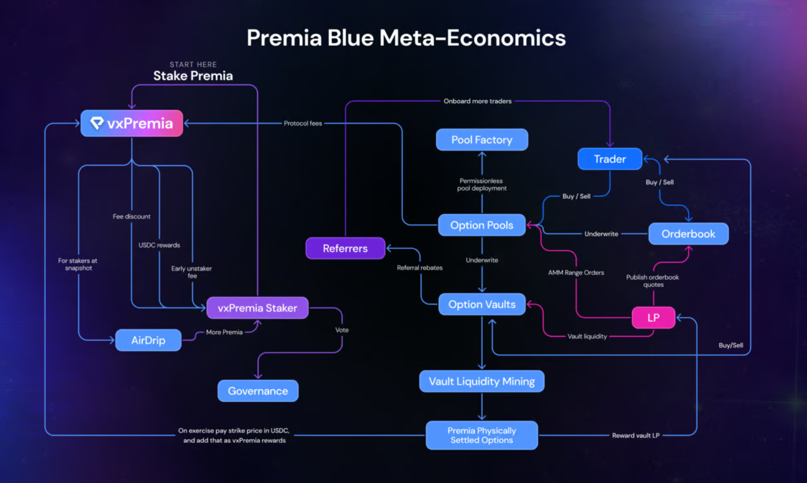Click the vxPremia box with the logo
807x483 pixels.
click(x=132, y=124)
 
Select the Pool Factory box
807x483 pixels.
click(x=482, y=140)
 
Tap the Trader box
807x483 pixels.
click(x=610, y=159)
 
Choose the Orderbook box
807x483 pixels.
click(x=688, y=234)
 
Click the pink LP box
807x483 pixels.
click(x=653, y=318)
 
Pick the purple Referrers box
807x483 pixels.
click(x=345, y=248)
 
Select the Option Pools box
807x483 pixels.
click(x=482, y=225)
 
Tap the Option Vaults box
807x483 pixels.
click(x=482, y=305)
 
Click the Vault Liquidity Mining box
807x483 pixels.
click(x=482, y=381)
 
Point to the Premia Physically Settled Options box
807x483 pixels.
click(x=482, y=435)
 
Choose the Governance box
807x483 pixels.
click(x=258, y=391)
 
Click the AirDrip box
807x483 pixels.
click(x=148, y=340)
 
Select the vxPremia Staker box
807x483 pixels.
click(x=257, y=308)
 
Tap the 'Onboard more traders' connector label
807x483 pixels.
click(x=477, y=101)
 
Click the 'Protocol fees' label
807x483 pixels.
click(x=303, y=124)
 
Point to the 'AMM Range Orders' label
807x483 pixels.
click(x=576, y=273)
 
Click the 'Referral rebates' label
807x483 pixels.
click(x=420, y=268)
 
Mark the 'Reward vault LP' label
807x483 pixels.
click(x=636, y=435)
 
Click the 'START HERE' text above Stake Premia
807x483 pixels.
click(x=193, y=65)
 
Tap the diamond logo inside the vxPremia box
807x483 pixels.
click(x=97, y=123)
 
